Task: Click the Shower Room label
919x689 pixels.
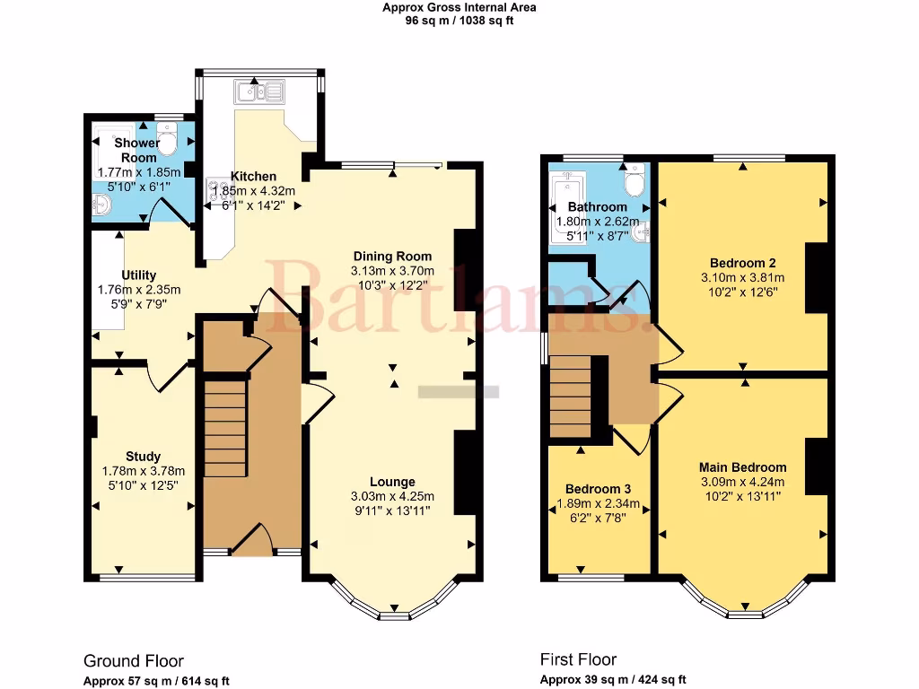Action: tap(137, 150)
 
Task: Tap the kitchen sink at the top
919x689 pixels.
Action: tap(258, 90)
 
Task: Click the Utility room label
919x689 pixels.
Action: tap(139, 275)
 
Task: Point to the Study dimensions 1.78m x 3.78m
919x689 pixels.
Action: tap(143, 471)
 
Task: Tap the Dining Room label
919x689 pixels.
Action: tap(392, 256)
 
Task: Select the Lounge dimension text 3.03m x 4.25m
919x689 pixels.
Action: tap(393, 496)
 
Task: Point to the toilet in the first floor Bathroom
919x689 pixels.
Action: tap(635, 184)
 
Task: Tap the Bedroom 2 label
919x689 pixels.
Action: tap(742, 263)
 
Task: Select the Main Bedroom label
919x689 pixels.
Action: tap(742, 467)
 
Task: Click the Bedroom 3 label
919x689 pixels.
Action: tap(598, 488)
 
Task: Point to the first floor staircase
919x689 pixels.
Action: tap(572, 395)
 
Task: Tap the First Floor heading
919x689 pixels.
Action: tap(578, 659)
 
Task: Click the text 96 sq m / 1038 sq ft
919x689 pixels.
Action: tap(459, 21)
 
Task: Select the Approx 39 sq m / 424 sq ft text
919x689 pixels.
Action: tap(613, 680)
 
